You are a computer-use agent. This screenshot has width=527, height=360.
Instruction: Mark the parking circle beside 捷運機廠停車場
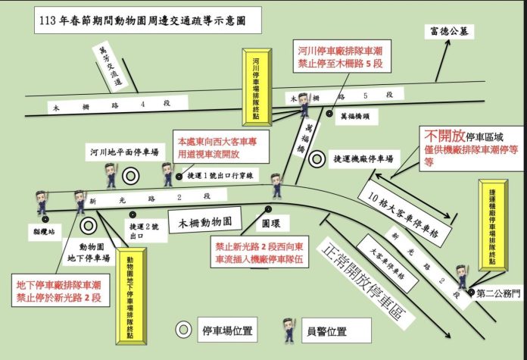[x=320, y=160]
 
